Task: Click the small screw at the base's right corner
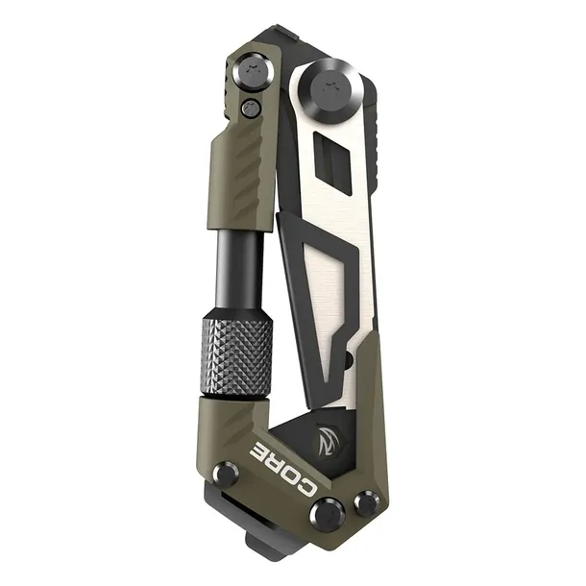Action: [365, 502]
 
